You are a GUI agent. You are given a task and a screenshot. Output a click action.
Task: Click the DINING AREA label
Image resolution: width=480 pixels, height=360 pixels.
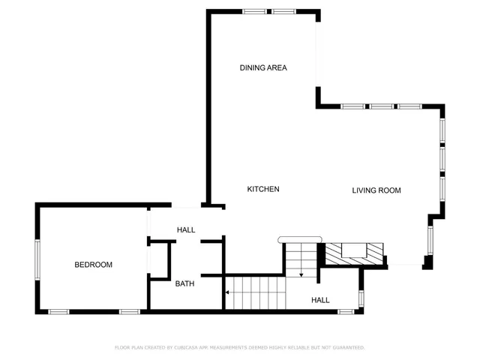click(263, 67)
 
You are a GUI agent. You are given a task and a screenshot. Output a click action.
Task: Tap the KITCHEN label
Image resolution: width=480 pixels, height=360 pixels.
click(263, 189)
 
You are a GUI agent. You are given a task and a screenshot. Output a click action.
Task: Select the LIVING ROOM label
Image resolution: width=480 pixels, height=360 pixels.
click(376, 190)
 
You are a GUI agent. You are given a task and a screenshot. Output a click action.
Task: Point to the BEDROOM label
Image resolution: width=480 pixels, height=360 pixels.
click(93, 265)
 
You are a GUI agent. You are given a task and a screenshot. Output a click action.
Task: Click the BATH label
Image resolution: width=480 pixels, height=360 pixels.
click(184, 283)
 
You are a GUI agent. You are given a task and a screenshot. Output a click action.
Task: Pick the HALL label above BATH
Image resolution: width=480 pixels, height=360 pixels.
click(186, 229)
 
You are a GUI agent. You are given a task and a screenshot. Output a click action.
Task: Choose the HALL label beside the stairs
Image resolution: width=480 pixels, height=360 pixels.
click(320, 300)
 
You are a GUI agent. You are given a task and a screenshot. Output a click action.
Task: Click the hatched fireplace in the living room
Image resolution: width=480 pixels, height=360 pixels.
click(352, 253)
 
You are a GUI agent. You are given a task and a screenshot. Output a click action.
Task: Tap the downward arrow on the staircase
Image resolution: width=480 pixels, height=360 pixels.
click(301, 274)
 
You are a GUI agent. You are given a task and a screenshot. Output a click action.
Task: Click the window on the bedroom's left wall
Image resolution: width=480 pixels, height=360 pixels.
click(37, 259)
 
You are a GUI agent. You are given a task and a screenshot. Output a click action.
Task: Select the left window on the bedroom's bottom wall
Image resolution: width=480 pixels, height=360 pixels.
click(59, 311)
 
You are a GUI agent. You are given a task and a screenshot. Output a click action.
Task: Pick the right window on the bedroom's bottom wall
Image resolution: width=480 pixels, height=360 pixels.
click(129, 311)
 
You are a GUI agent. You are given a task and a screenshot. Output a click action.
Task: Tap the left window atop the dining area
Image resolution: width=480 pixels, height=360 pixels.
click(254, 11)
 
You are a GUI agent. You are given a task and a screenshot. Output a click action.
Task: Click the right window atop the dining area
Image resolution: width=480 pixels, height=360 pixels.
click(283, 11)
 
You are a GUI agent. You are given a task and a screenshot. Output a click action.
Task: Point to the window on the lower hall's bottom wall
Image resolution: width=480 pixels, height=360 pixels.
click(346, 311)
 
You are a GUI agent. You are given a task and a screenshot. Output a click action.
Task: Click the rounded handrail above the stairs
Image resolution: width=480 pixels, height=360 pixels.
click(299, 240)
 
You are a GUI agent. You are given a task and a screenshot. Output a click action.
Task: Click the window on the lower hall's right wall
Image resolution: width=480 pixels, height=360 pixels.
click(361, 298)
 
